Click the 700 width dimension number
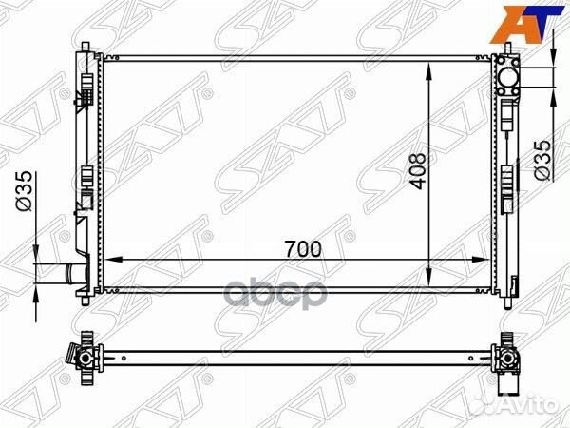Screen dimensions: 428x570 303,249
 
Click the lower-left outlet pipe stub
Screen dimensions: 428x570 60,274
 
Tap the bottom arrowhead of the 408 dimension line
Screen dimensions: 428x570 432,282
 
